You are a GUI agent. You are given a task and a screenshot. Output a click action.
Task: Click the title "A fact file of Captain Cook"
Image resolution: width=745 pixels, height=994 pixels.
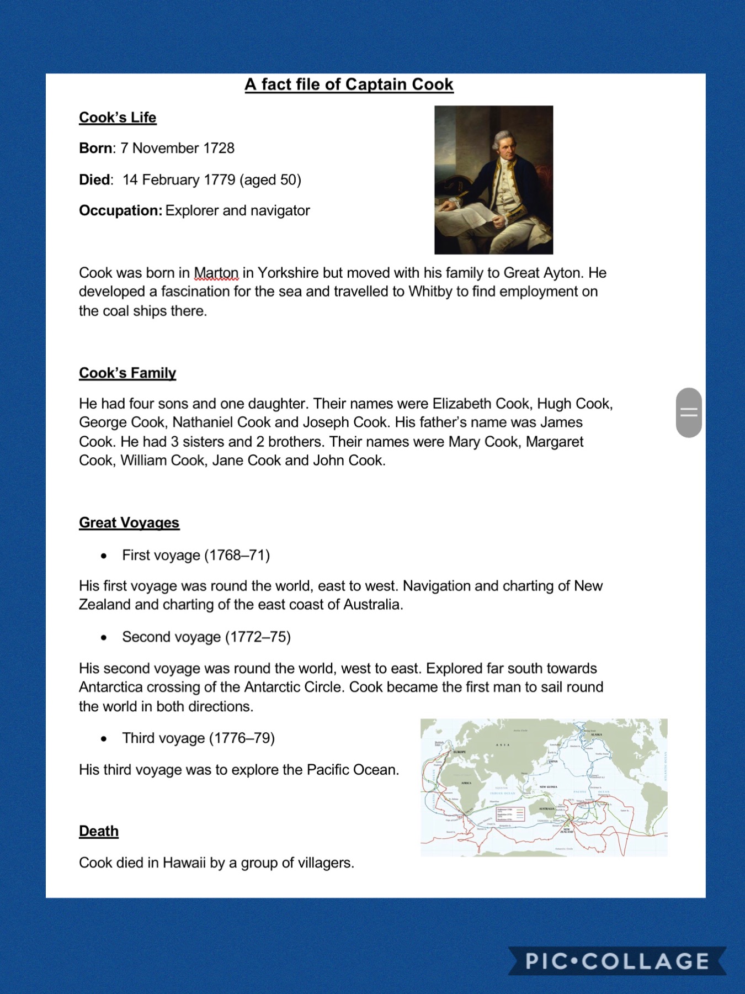pyautogui.click(x=349, y=84)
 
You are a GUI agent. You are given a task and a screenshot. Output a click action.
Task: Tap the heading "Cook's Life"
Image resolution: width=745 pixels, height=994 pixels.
pyautogui.click(x=118, y=118)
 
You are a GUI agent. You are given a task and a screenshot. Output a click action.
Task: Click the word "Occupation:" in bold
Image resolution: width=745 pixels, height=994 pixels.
pyautogui.click(x=120, y=211)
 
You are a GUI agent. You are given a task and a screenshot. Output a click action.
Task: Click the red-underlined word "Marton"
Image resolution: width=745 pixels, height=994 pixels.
pyautogui.click(x=216, y=273)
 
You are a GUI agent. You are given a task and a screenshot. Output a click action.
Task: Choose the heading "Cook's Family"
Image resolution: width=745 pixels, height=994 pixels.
pyautogui.click(x=127, y=373)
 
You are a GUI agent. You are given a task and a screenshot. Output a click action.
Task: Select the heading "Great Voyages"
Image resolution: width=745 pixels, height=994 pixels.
pyautogui.click(x=129, y=523)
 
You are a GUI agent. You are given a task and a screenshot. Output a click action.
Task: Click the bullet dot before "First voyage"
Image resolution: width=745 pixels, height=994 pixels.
pyautogui.click(x=104, y=556)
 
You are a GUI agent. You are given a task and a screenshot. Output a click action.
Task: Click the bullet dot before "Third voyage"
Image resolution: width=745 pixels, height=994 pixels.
pyautogui.click(x=104, y=739)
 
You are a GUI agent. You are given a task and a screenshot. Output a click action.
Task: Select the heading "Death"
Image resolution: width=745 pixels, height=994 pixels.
pyautogui.click(x=99, y=832)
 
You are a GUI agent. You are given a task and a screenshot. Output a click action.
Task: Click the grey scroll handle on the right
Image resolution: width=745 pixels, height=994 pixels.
pyautogui.click(x=689, y=413)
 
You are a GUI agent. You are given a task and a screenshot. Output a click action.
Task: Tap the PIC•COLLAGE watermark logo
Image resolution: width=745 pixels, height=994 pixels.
pyautogui.click(x=617, y=961)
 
